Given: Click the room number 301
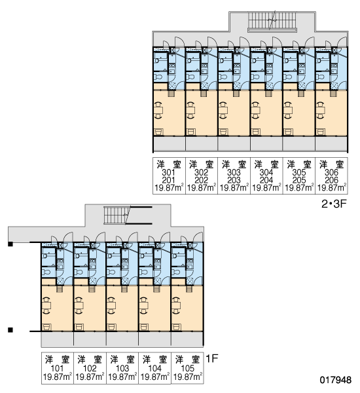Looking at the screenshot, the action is click(x=168, y=172).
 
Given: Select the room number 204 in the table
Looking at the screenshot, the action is click(x=266, y=180).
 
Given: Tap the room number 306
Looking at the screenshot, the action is click(x=331, y=172).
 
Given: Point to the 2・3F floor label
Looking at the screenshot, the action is click(x=334, y=204).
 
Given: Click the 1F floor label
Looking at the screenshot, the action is click(x=211, y=359).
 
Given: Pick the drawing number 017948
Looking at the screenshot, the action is click(x=335, y=380).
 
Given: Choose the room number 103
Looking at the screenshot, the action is click(x=122, y=368).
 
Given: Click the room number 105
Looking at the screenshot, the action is click(x=187, y=368).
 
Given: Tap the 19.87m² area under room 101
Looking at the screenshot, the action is click(x=58, y=377).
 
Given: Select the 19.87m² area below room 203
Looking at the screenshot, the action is click(x=234, y=187).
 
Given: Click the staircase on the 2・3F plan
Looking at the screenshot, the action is click(x=272, y=21).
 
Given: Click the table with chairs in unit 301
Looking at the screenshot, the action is click(x=159, y=110).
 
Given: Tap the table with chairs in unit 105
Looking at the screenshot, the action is click(x=176, y=305).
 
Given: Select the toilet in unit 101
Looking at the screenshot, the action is click(x=46, y=272).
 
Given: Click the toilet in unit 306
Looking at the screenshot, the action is click(x=321, y=77).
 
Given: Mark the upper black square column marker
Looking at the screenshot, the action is click(x=10, y=244).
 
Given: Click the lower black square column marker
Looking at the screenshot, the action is click(x=10, y=330).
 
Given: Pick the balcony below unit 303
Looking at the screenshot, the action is click(x=234, y=143).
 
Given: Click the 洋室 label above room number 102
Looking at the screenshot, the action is click(x=90, y=360).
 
